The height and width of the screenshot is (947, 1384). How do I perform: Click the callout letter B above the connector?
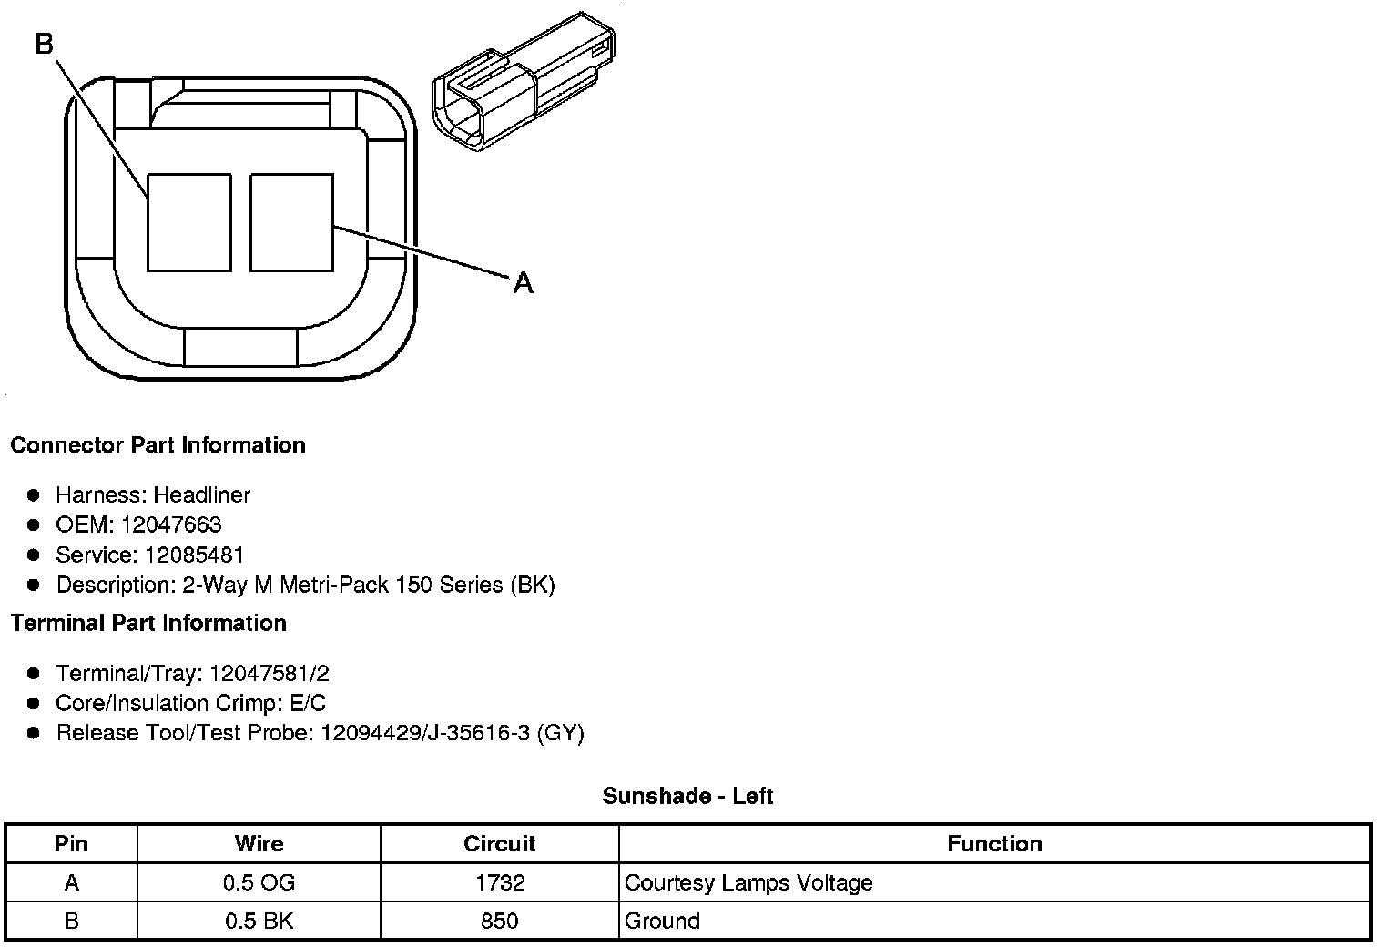[x=45, y=44]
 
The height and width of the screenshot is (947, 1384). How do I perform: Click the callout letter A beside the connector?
[x=523, y=283]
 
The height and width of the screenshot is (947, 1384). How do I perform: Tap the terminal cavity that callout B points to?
[x=189, y=222]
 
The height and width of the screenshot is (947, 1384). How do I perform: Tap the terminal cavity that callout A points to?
[x=291, y=222]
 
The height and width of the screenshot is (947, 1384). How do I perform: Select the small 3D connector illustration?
[x=524, y=81]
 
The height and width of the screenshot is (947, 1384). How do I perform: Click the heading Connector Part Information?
[x=158, y=444]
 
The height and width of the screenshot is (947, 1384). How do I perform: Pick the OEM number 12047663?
[x=171, y=524]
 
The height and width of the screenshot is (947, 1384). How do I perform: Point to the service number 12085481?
[x=193, y=555]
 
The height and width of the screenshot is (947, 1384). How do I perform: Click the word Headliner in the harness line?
[x=202, y=494]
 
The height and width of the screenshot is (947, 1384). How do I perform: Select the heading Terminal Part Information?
[x=149, y=624]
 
